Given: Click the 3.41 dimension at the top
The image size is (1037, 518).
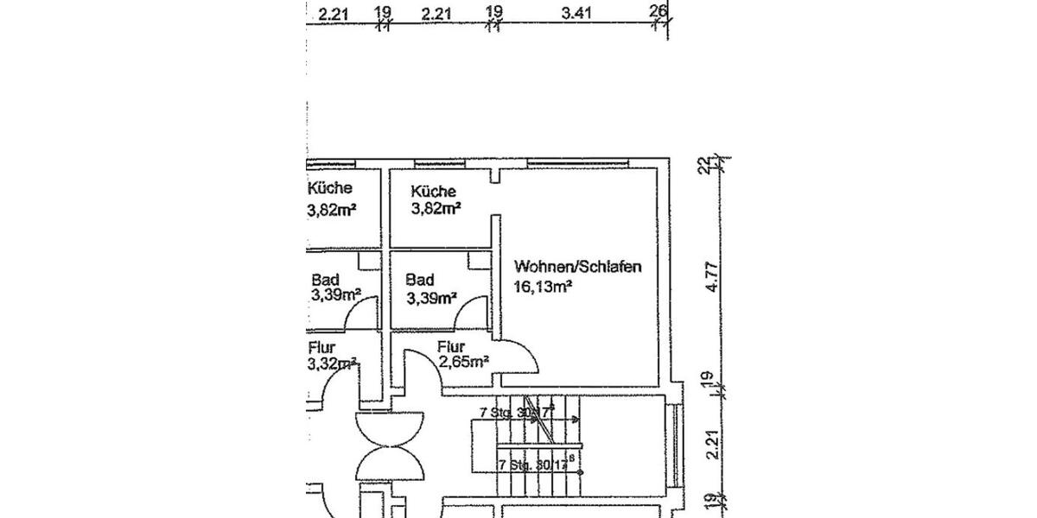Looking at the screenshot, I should point(578,13).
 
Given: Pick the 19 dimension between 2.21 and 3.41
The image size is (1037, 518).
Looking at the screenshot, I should point(494,12).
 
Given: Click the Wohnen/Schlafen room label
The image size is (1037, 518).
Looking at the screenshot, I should point(577,268).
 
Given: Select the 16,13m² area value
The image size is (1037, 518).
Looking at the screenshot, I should point(541,287).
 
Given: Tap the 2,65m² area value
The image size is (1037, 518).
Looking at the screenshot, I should point(464,362).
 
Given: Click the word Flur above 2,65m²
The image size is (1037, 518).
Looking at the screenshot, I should point(449,347).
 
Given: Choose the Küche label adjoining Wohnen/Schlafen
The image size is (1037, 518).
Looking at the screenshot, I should point(433,192).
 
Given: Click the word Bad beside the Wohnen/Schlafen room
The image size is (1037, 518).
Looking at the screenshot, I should point(419,281).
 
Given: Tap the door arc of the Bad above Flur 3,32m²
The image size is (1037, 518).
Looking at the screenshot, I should point(360,313).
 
